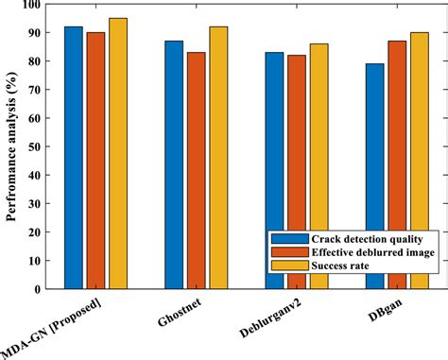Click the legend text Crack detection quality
[x=362, y=239]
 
